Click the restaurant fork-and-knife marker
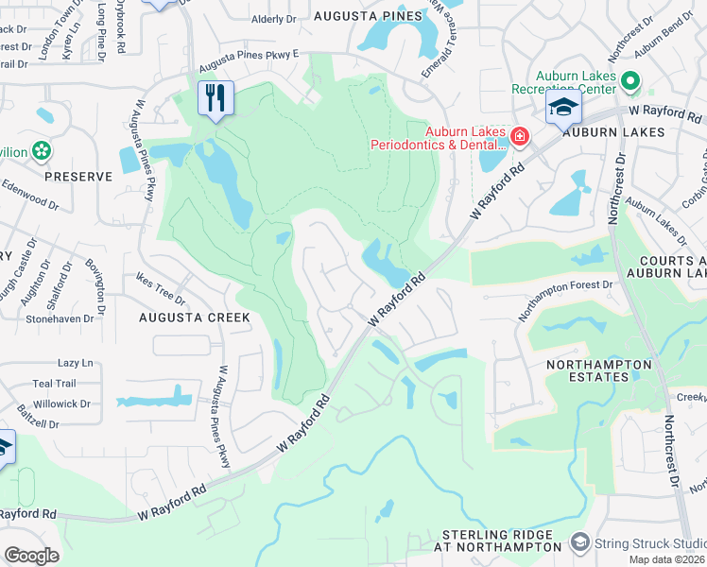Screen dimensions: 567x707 point(216,97)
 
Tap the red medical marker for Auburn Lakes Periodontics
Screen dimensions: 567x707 point(518,138)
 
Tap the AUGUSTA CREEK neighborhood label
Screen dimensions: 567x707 point(194,318)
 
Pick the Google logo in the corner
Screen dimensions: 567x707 point(31,555)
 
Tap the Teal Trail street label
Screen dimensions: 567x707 point(54,383)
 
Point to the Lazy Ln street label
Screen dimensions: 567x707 point(76,363)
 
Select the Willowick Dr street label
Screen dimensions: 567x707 point(60,404)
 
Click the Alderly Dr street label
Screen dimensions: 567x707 point(273,19)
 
